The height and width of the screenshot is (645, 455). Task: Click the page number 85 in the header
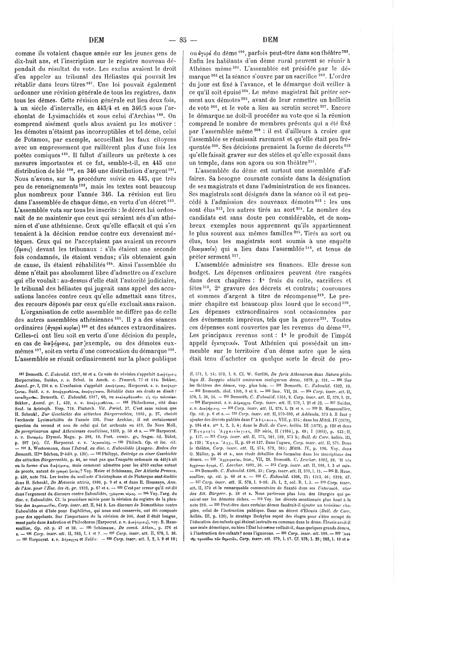(182, 40)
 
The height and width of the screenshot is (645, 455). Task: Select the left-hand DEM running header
(96, 40)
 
